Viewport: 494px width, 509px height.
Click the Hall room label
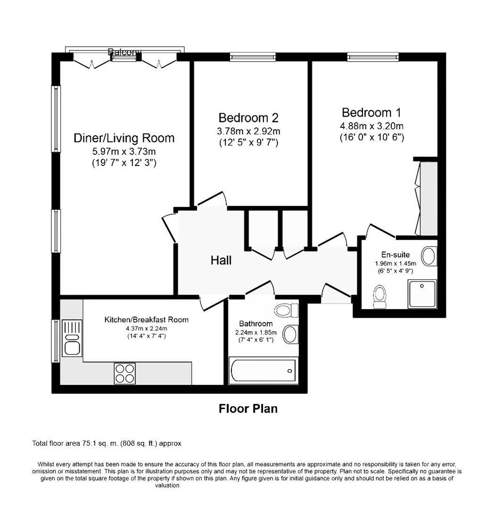tap(221, 260)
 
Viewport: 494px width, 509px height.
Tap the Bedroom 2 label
tap(248, 117)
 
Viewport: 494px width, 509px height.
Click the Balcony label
tap(124, 52)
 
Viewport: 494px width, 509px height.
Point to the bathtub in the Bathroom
tap(263, 371)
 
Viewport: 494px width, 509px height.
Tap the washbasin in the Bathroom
tap(290, 334)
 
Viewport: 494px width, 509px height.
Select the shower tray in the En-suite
tap(422, 294)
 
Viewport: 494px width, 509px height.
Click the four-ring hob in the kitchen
tap(124, 373)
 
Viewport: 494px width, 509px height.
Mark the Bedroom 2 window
tap(252, 57)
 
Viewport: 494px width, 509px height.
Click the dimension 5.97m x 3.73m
tap(124, 152)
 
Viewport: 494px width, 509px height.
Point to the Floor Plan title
tap(248, 409)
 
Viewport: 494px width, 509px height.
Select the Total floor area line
tap(107, 443)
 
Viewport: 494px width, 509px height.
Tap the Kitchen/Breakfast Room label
tap(146, 320)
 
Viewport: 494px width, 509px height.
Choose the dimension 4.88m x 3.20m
tap(372, 126)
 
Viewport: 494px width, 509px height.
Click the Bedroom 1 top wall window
tap(372, 57)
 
